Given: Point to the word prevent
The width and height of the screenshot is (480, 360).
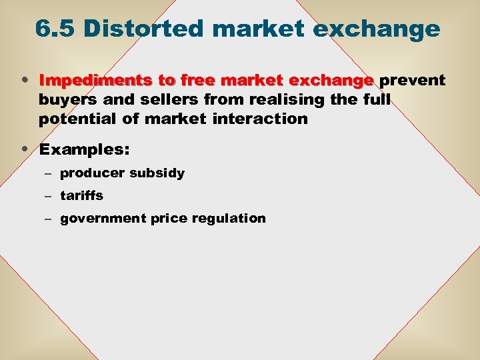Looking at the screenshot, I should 413,81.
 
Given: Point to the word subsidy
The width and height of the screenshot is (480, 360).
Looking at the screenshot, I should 157,173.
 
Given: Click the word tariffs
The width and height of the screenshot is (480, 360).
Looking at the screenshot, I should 81,196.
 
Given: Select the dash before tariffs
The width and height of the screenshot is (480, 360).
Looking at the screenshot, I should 50,197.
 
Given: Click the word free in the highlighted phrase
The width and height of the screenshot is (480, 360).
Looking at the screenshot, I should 193,81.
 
